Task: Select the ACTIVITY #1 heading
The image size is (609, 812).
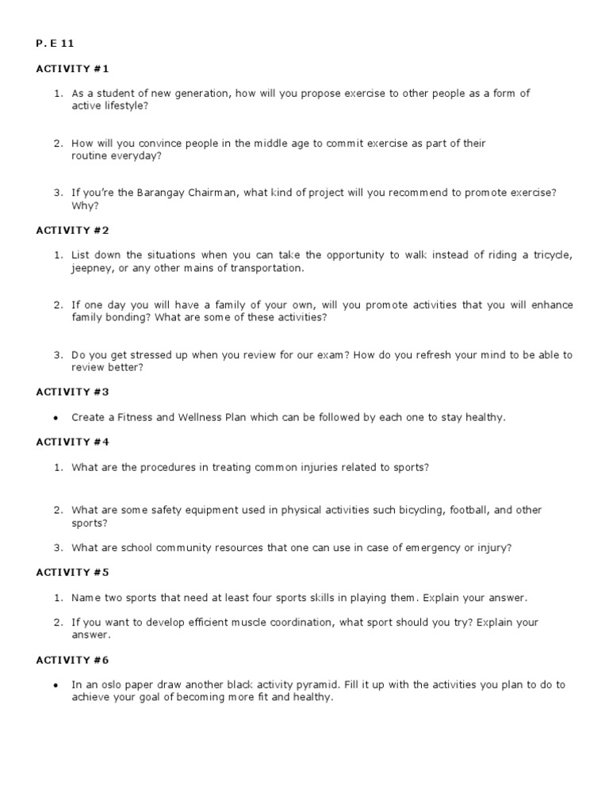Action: (73, 69)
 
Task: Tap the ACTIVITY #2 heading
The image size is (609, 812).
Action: (73, 230)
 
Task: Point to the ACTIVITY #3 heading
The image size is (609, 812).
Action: (73, 392)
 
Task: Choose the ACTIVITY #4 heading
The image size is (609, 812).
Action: (73, 442)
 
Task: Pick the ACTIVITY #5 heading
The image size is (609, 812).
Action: (73, 573)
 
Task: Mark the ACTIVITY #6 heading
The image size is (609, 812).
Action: (73, 660)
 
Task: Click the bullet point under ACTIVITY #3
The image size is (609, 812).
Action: (58, 418)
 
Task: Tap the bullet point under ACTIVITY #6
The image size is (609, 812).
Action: (58, 685)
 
